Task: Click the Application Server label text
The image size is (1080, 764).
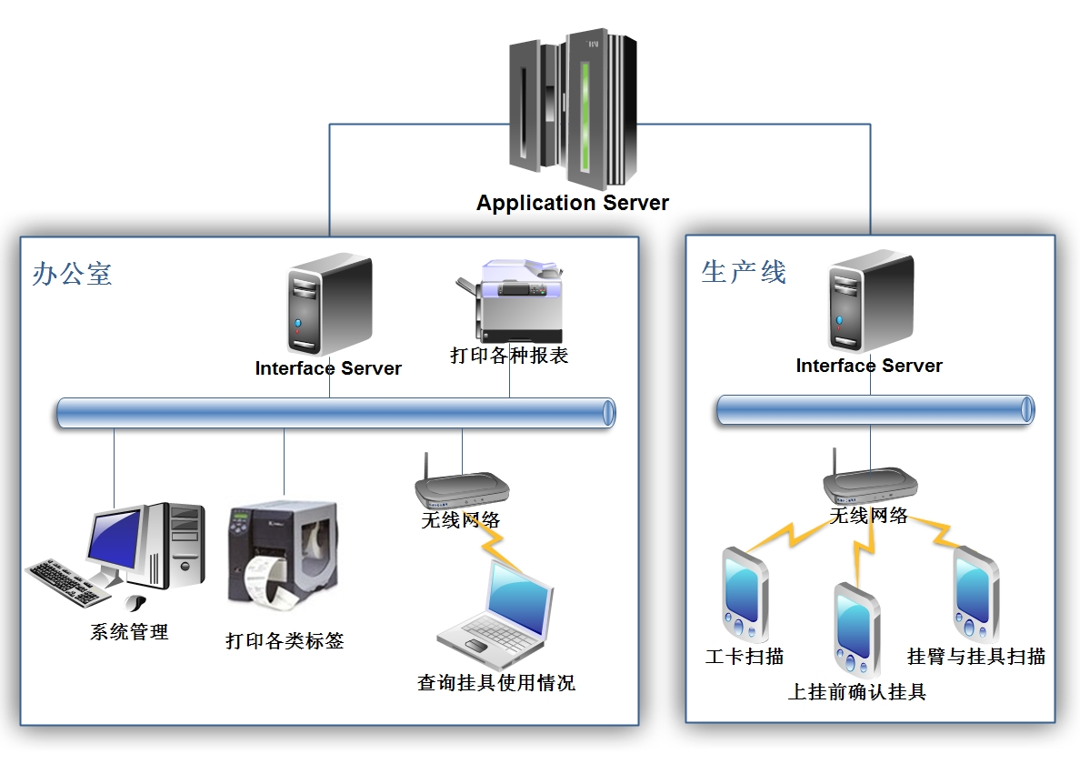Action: click(x=572, y=203)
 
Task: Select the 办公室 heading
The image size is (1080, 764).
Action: click(x=72, y=274)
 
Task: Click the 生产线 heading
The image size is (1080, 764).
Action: click(x=743, y=271)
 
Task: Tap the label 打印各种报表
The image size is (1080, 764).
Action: click(x=509, y=356)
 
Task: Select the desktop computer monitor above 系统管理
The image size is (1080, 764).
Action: click(x=115, y=538)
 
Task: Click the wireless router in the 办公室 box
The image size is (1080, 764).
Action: click(x=461, y=488)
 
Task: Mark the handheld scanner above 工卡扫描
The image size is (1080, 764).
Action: click(x=745, y=595)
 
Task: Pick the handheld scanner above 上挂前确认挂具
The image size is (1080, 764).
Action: click(x=856, y=628)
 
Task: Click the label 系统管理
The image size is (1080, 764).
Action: click(x=129, y=632)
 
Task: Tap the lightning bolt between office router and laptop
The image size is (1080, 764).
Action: click(x=499, y=549)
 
